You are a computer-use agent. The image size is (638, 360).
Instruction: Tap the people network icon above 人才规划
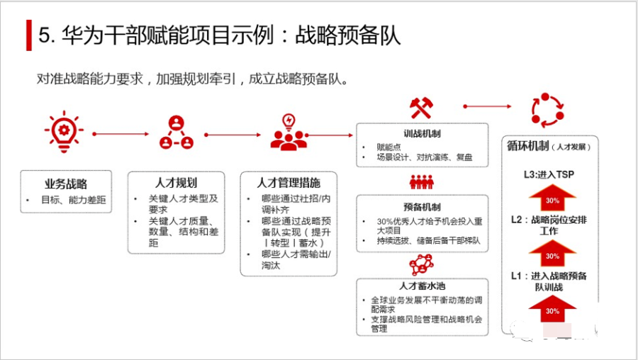176,133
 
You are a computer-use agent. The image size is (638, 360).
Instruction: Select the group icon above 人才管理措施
289,133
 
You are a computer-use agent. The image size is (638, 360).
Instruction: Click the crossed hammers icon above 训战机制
421,108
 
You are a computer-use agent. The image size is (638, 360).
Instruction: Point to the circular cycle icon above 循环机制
547,109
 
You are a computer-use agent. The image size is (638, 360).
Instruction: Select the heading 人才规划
176,183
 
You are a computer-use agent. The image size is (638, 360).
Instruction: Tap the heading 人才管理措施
289,183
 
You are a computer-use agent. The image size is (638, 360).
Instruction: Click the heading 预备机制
422,207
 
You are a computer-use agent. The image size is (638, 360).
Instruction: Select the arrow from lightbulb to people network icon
121,133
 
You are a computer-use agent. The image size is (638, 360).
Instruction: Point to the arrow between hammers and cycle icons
487,106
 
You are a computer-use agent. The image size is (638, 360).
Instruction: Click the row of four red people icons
421,182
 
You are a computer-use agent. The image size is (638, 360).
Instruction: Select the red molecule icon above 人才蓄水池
421,266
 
